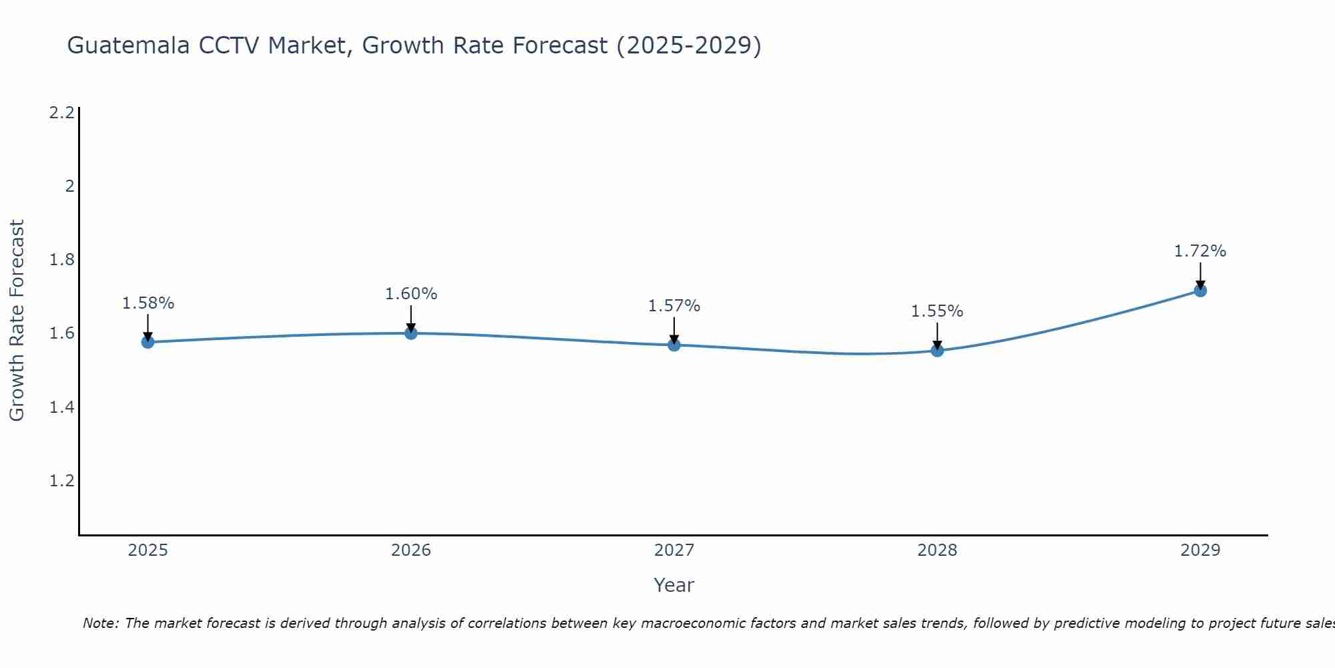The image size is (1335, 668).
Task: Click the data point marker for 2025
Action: [148, 342]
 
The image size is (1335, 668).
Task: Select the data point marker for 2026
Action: [411, 333]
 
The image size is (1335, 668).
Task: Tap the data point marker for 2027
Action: [674, 345]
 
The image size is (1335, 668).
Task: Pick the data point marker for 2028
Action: [937, 350]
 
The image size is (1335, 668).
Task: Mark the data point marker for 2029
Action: [1200, 291]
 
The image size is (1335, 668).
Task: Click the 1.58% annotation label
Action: [148, 303]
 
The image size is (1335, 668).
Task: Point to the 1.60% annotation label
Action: [411, 294]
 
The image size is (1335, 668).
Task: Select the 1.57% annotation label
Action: [674, 306]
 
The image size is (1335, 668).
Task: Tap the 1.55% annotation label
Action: [937, 311]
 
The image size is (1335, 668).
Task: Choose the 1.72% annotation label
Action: [1200, 251]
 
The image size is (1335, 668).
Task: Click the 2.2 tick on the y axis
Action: [61, 112]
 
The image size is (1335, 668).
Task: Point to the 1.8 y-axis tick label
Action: [61, 260]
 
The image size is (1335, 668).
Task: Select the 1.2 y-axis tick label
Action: [61, 481]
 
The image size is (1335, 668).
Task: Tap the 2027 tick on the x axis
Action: [674, 550]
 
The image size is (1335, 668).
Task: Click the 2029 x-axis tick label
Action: [1200, 550]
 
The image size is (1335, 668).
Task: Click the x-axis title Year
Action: [674, 585]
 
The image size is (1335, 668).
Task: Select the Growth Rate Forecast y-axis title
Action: [17, 321]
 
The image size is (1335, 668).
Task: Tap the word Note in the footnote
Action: [100, 623]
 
